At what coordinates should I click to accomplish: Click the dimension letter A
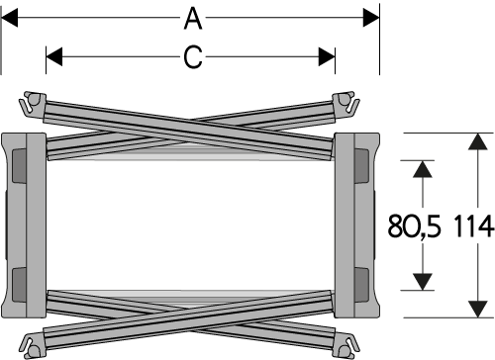(x=193, y=19)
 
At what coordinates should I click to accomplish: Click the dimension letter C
(x=193, y=57)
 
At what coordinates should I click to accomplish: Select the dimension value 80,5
(x=414, y=226)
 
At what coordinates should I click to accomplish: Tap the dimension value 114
(x=474, y=226)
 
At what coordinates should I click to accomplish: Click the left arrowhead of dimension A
(x=9, y=18)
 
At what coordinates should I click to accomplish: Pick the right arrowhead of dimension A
(x=371, y=18)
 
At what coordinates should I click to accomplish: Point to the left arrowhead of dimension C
(x=54, y=56)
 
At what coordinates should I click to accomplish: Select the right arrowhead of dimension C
(x=327, y=56)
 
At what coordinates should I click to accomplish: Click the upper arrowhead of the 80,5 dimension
(x=423, y=169)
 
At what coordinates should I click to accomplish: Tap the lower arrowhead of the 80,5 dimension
(x=423, y=282)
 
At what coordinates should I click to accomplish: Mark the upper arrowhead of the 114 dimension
(x=478, y=141)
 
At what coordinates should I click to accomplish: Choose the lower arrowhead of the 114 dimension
(x=478, y=310)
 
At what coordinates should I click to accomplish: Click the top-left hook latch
(x=33, y=103)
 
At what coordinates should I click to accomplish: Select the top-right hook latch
(x=346, y=103)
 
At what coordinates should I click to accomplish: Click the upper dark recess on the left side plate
(x=19, y=165)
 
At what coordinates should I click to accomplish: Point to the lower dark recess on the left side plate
(x=19, y=285)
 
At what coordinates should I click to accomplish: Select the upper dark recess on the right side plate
(x=361, y=165)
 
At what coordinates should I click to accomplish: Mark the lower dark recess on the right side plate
(x=361, y=285)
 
